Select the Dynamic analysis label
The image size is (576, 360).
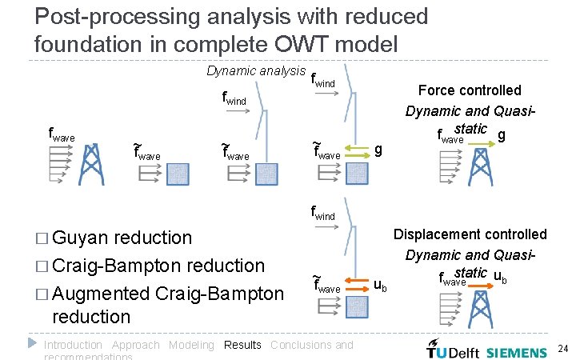[256, 70]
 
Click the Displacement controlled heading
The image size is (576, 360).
[470, 234]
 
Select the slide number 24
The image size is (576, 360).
[562, 349]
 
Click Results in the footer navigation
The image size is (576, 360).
[242, 345]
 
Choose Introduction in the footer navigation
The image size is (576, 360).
[73, 345]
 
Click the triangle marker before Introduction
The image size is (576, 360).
[33, 343]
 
